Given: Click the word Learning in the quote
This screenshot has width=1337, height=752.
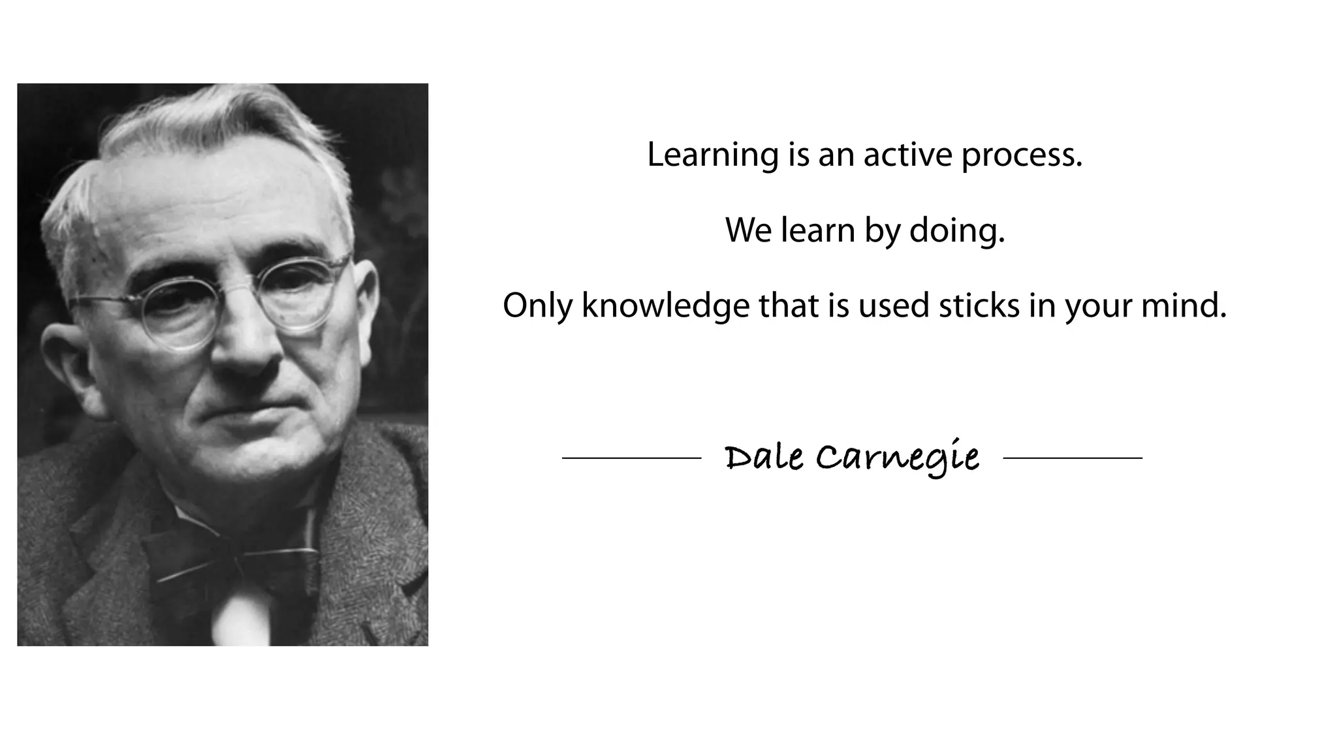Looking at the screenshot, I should pyautogui.click(x=712, y=155).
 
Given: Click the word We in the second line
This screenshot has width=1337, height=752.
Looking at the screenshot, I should pyautogui.click(x=748, y=230).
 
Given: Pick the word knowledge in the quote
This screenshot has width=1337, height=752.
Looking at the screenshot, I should pyautogui.click(x=665, y=306).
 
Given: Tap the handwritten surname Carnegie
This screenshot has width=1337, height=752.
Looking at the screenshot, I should pyautogui.click(x=898, y=458).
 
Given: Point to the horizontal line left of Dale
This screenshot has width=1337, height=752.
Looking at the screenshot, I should pyautogui.click(x=631, y=458).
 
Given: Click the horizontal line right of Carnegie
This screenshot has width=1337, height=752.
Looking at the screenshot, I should pyautogui.click(x=1073, y=458).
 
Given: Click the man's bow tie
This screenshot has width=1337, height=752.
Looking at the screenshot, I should pyautogui.click(x=232, y=561).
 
